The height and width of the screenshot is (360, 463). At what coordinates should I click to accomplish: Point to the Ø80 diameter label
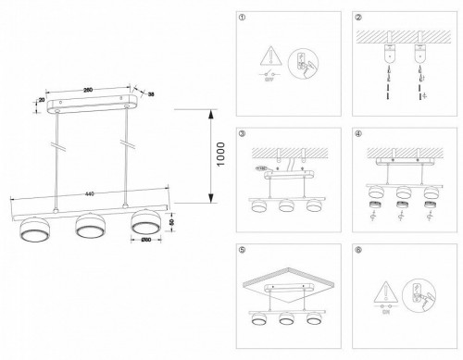pos(146,243)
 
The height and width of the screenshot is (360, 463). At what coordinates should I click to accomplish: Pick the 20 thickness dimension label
pos(42,103)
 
